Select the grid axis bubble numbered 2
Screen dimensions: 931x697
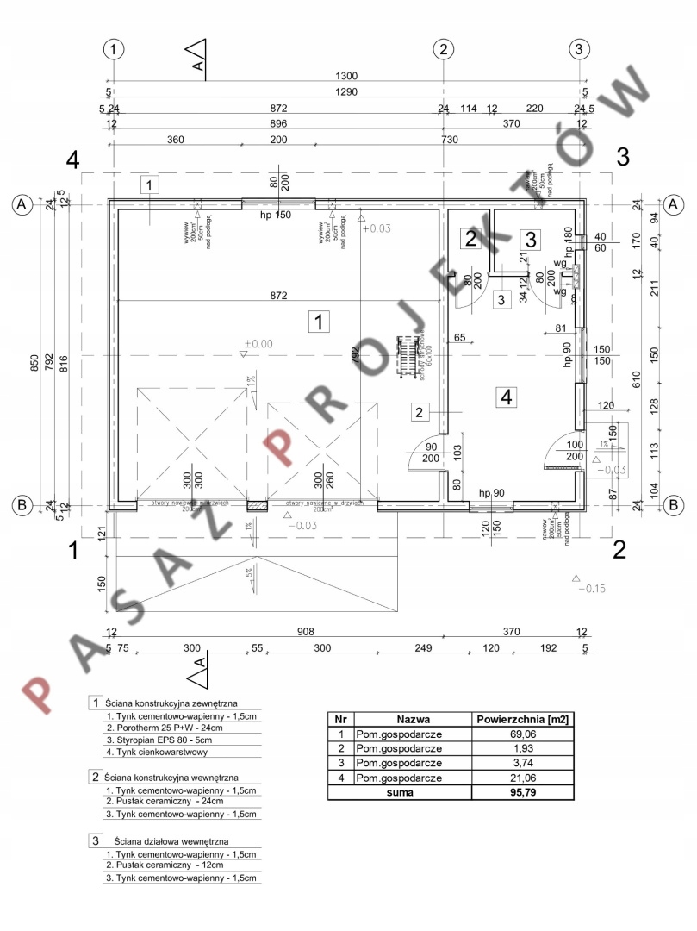(443, 49)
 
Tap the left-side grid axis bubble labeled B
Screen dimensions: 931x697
(22, 505)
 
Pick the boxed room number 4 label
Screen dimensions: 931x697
(507, 397)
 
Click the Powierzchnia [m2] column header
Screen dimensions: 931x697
(524, 719)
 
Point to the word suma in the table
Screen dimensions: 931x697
(400, 792)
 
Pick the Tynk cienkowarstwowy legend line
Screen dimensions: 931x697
(156, 752)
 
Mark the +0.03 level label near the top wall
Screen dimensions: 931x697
(377, 228)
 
